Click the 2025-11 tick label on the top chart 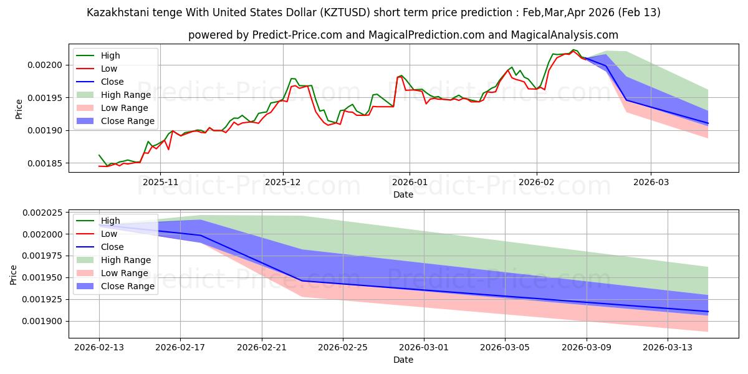tap(160, 183)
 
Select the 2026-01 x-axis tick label tap(410, 183)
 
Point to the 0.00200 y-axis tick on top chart tap(47, 65)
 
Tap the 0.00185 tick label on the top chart tap(47, 163)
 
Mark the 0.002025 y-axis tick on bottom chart tap(43, 213)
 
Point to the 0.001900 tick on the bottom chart tap(43, 321)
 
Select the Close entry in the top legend tap(112, 82)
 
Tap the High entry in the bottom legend tap(110, 221)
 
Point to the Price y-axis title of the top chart tap(19, 108)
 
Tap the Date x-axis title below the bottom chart tap(403, 360)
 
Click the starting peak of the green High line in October tap(99, 155)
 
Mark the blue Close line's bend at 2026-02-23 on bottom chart tap(302, 280)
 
